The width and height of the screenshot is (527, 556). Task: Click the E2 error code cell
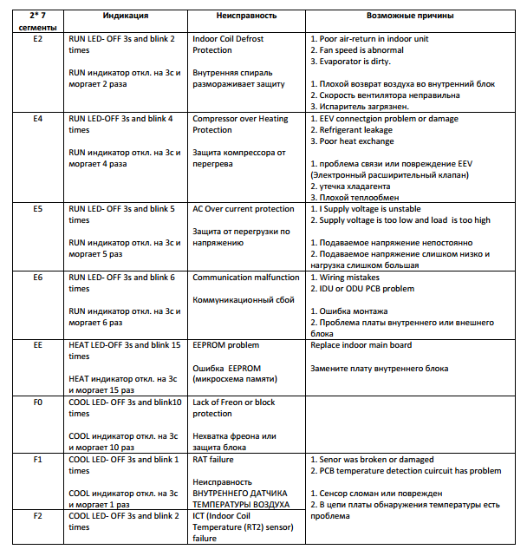click(x=37, y=40)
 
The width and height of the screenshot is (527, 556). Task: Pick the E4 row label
click(x=37, y=118)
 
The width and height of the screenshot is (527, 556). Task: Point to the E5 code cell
click(x=37, y=209)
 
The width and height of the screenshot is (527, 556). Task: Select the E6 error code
click(x=37, y=278)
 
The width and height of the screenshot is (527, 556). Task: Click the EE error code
click(x=37, y=345)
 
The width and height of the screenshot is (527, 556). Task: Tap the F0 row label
click(x=37, y=402)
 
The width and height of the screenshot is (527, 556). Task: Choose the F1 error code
click(x=37, y=459)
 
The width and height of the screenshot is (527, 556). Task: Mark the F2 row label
click(x=37, y=516)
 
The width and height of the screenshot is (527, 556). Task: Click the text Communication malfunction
click(x=245, y=278)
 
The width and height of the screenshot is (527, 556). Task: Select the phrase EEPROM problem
click(x=225, y=345)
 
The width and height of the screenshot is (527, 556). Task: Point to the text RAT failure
click(x=213, y=459)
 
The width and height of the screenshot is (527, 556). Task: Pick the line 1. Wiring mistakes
click(x=344, y=278)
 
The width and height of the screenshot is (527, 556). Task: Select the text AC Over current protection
click(x=243, y=209)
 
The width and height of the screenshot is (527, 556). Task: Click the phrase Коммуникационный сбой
click(x=238, y=300)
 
